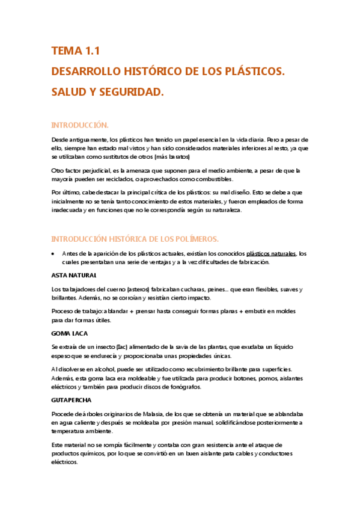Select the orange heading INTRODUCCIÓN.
click(x=80, y=125)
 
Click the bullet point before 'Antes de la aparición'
click(x=54, y=254)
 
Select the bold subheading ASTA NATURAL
click(x=74, y=275)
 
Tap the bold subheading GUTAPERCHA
click(x=73, y=399)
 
